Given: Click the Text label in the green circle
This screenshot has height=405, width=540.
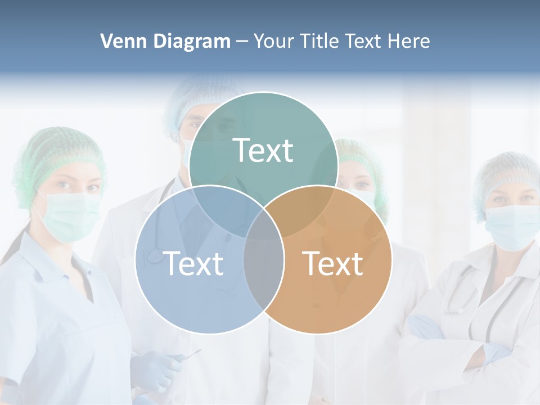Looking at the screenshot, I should point(263,150).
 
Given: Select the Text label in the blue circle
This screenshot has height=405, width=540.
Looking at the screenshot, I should point(193,263).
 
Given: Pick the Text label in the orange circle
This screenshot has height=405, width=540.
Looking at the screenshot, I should point(333,263).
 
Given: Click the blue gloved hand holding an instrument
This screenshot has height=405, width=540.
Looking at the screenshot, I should point(155,371).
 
